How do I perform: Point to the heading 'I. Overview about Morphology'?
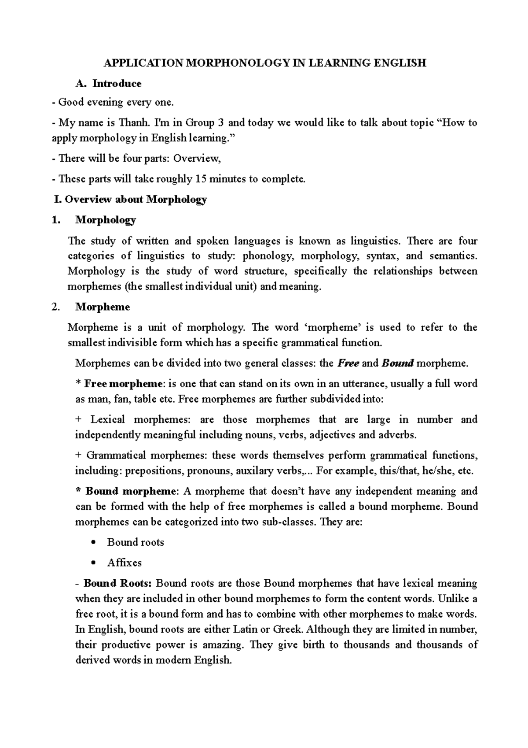click(130, 200)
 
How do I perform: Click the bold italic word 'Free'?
click(348, 363)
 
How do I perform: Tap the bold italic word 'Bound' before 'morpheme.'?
click(397, 363)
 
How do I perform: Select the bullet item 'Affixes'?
click(125, 563)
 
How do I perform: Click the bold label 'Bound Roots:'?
click(117, 584)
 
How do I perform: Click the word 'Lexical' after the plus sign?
click(108, 419)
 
